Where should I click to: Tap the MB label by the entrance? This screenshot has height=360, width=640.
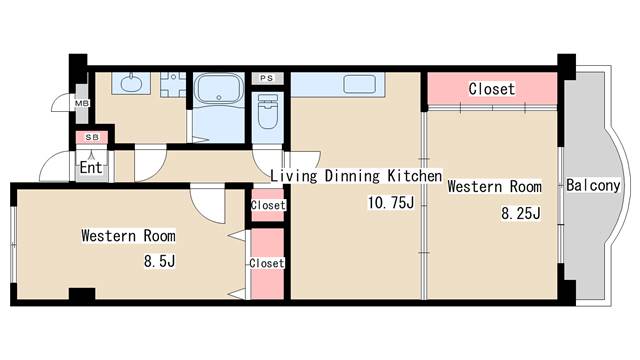pyautogui.click(x=82, y=102)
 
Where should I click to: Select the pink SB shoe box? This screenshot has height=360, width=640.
pyautogui.click(x=92, y=137)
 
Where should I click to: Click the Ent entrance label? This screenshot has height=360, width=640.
pyautogui.click(x=91, y=167)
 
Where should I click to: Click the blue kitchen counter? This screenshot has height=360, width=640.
pyautogui.click(x=354, y=84)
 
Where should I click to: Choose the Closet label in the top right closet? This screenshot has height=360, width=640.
pyautogui.click(x=492, y=89)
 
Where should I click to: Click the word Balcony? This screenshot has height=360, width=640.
pyautogui.click(x=593, y=185)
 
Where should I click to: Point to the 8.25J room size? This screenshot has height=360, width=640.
pyautogui.click(x=520, y=212)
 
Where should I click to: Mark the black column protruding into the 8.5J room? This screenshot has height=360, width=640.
pyautogui.click(x=81, y=294)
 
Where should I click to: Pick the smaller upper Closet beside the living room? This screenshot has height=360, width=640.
pyautogui.click(x=268, y=205)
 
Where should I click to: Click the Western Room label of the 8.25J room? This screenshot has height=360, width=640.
pyautogui.click(x=494, y=186)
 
